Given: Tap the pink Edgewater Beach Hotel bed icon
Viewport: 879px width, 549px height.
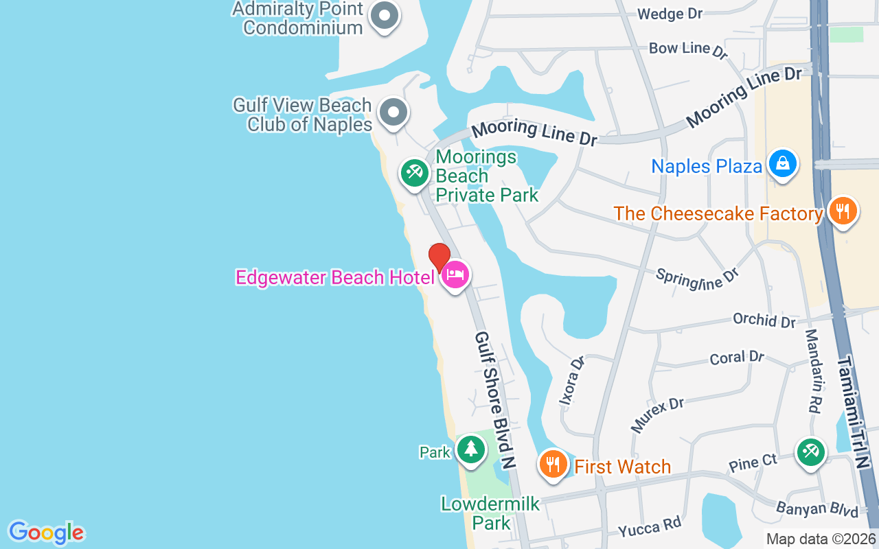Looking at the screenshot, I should click(455, 275).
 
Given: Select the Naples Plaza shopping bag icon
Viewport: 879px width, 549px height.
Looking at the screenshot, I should click(782, 164).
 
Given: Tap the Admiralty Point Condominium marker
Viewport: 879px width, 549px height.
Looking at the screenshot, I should click(385, 16).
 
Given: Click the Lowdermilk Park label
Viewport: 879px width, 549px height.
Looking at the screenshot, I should click(490, 513).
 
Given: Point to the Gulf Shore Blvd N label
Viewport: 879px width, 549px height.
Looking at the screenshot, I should click(495, 400).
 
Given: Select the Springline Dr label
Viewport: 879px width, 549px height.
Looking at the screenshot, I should click(696, 277).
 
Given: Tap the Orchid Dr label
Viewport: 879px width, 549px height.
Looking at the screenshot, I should click(764, 320).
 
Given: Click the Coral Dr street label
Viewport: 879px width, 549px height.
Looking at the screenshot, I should click(736, 358).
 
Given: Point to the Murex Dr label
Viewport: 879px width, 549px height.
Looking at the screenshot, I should click(657, 414).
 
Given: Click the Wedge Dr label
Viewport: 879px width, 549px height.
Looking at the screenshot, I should click(660, 14).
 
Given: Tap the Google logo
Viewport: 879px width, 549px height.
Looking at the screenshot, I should click(46, 533).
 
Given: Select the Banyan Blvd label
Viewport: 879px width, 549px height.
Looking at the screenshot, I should click(817, 509).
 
